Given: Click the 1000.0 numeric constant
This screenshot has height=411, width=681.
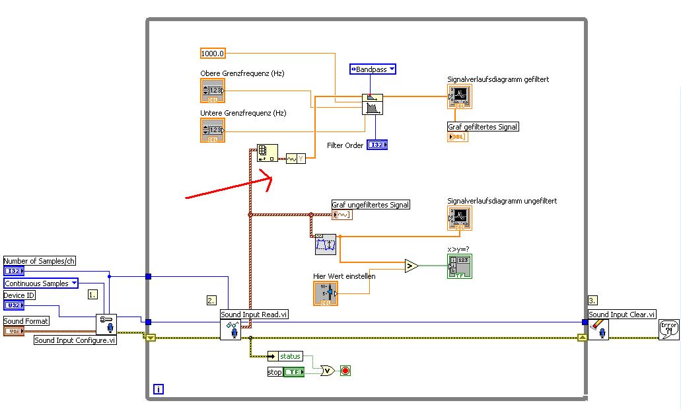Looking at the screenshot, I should [213, 53].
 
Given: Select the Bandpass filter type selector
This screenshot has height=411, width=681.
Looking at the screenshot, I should [373, 69].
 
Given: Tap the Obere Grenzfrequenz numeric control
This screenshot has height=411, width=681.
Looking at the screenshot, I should [213, 91].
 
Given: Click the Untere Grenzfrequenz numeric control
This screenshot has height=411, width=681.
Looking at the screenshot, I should [213, 130].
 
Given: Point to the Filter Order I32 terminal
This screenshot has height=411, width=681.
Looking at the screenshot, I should [377, 145].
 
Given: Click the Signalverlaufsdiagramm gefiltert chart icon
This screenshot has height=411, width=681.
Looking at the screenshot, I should [459, 96].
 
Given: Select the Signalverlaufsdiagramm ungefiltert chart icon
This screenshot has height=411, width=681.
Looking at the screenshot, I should [459, 218].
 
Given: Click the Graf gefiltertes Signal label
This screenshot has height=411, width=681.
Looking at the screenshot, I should [483, 127].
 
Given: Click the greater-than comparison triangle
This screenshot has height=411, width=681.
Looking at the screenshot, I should [412, 266].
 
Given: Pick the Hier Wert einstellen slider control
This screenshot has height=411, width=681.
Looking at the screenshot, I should [326, 293].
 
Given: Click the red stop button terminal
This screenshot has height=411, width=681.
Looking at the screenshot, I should [345, 371].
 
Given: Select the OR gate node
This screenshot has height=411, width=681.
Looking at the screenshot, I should [326, 371].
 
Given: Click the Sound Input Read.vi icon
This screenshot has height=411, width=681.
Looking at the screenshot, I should [231, 330].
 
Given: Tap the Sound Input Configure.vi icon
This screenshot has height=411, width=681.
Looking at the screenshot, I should [106, 324].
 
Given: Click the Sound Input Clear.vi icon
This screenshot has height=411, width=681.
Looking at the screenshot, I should [598, 329].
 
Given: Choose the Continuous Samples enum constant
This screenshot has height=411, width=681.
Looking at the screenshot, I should [41, 283].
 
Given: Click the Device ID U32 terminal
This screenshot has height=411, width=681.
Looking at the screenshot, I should [13, 305].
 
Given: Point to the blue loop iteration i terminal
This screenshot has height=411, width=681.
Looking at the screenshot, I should [159, 389].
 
